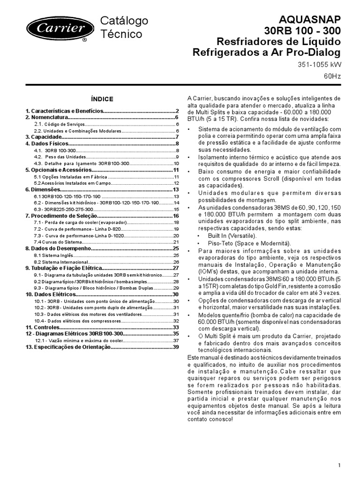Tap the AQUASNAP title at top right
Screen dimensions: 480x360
tap(311, 19)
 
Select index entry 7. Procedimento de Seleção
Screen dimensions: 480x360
tap(60, 216)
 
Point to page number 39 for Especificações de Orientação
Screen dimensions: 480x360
tap(176, 347)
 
